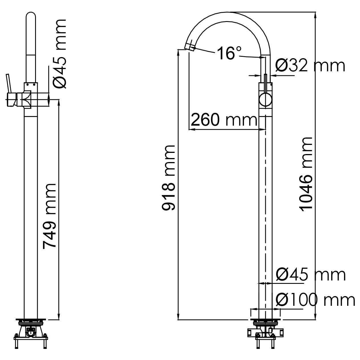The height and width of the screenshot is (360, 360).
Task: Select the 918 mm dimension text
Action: tap(168, 178)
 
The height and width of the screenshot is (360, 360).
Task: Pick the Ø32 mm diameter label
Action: tap(310, 66)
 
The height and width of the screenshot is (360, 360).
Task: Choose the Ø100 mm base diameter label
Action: tap(315, 300)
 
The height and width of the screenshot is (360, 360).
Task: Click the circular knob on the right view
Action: tap(266, 100)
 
